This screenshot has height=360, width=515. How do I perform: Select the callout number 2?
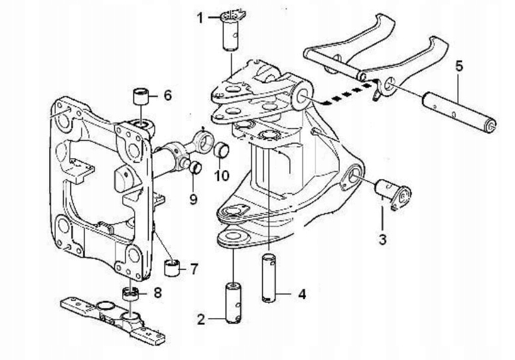tap(201, 319)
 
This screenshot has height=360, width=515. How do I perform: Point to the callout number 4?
tap(301, 293)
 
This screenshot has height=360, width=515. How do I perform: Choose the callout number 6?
tap(167, 96)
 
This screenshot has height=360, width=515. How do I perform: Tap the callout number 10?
tap(220, 176)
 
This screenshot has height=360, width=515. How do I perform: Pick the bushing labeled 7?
tap(173, 269)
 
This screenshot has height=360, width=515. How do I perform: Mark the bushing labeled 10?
tap(222, 151)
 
